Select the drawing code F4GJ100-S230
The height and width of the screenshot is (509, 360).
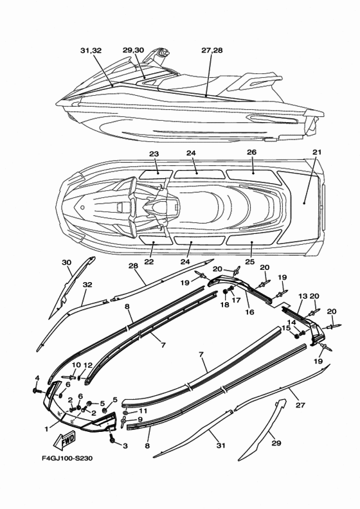[x=67, y=458]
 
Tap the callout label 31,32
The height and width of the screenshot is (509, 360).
[x=91, y=51]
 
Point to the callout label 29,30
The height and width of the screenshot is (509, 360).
[x=134, y=50]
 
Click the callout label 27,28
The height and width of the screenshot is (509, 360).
[x=212, y=50]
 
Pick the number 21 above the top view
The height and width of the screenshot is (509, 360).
[x=317, y=152]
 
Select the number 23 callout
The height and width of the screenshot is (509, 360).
[x=154, y=154]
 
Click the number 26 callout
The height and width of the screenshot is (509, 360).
[x=251, y=152]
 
